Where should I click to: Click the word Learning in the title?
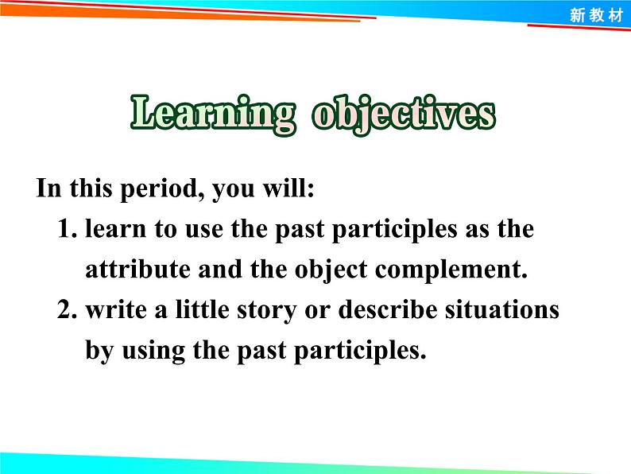pyautogui.click(x=211, y=115)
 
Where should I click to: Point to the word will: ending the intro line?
pyautogui.click(x=288, y=189)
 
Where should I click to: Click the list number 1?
pyautogui.click(x=67, y=230)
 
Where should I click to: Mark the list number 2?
pyautogui.click(x=67, y=309)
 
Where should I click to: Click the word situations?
pyautogui.click(x=503, y=309)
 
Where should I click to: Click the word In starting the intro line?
pyautogui.click(x=48, y=189)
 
